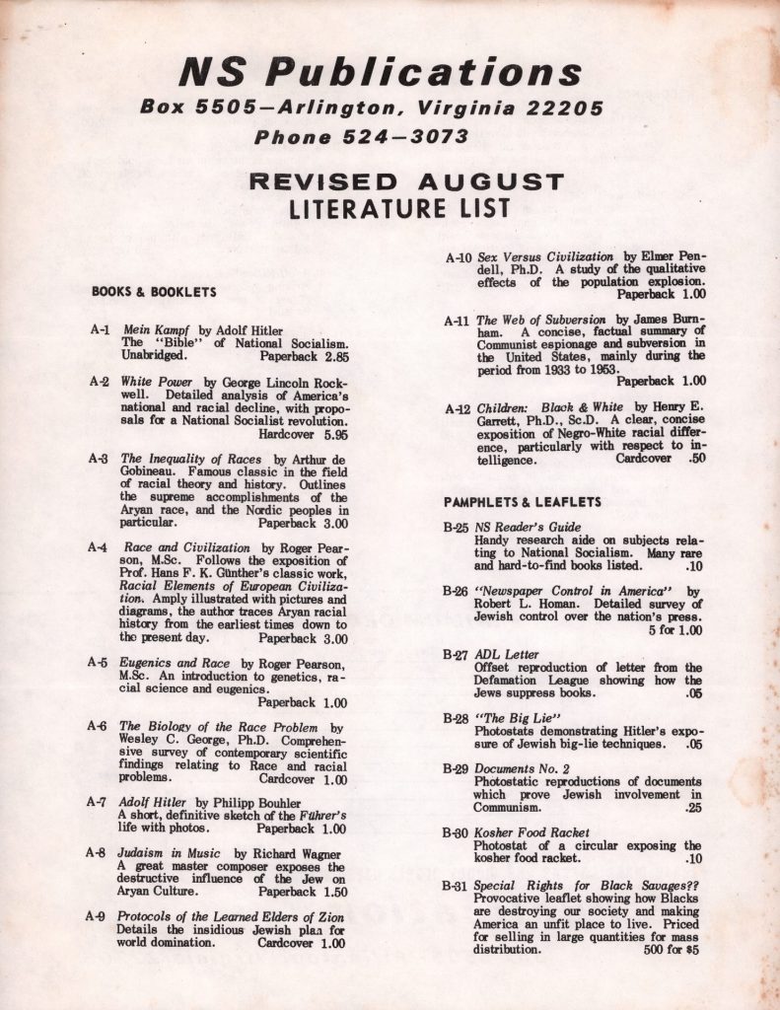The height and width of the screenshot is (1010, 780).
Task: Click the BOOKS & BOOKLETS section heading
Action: coord(154,292)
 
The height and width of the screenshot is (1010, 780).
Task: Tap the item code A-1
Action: coord(101,329)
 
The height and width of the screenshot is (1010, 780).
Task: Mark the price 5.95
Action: coord(335,432)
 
